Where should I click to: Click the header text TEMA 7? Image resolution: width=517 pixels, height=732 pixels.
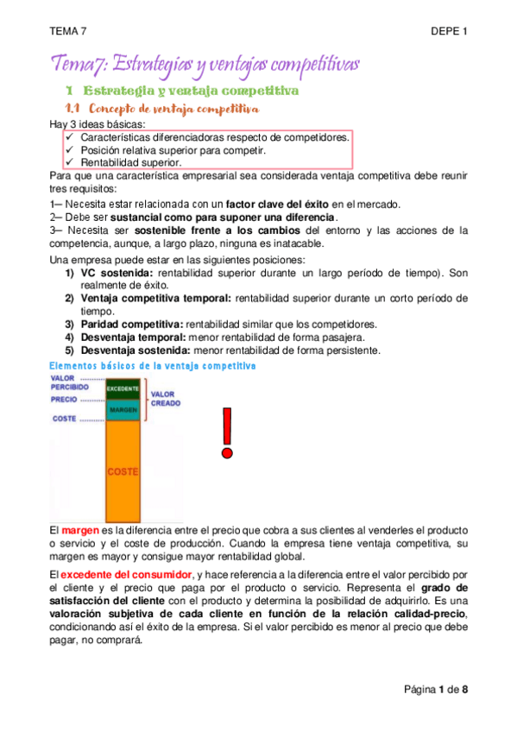pyautogui.click(x=68, y=31)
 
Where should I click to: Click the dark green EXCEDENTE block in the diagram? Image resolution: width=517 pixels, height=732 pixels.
pyautogui.click(x=123, y=388)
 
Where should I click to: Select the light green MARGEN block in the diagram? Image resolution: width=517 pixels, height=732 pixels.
pyautogui.click(x=123, y=409)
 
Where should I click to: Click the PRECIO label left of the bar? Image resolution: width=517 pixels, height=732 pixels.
pyautogui.click(x=64, y=400)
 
